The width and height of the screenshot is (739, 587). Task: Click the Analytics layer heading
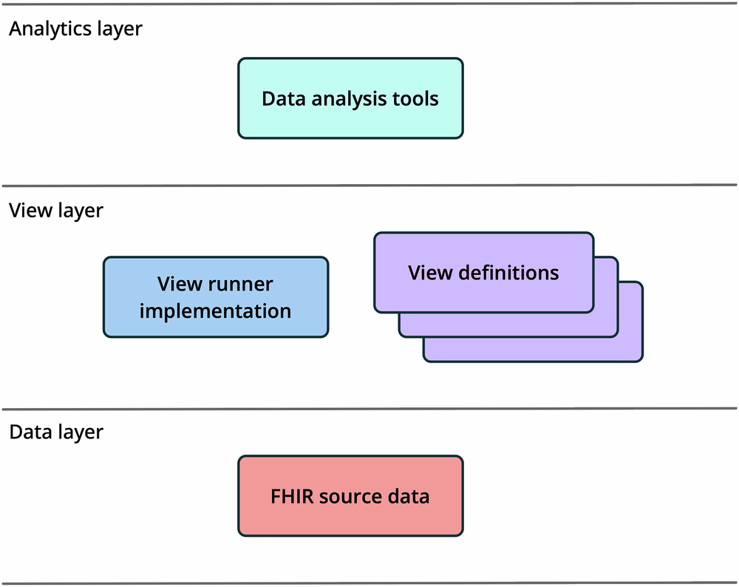[75, 30]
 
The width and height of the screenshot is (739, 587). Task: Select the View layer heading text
[56, 211]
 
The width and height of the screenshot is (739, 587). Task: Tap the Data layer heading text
[56, 432]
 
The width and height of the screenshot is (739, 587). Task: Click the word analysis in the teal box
[350, 99]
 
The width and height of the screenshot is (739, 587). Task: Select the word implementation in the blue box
[215, 311]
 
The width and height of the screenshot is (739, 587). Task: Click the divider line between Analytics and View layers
[369, 186]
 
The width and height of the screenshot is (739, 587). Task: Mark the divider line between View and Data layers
[369, 408]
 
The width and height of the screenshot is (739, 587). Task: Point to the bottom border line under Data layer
[369, 583]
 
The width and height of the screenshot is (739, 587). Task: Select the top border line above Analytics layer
[369, 4]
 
